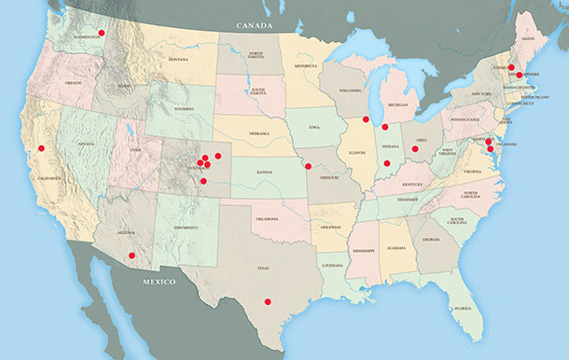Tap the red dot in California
coord(41,148)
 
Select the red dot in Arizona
coord(132,255)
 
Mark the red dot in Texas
coord(268,300)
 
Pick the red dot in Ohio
coord(415,148)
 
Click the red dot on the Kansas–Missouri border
coord(308,166)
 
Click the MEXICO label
coord(160,281)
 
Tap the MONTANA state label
coord(179,60)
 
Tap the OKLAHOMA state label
coord(268,221)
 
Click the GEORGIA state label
coord(430,240)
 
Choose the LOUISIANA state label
coord(333,266)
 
